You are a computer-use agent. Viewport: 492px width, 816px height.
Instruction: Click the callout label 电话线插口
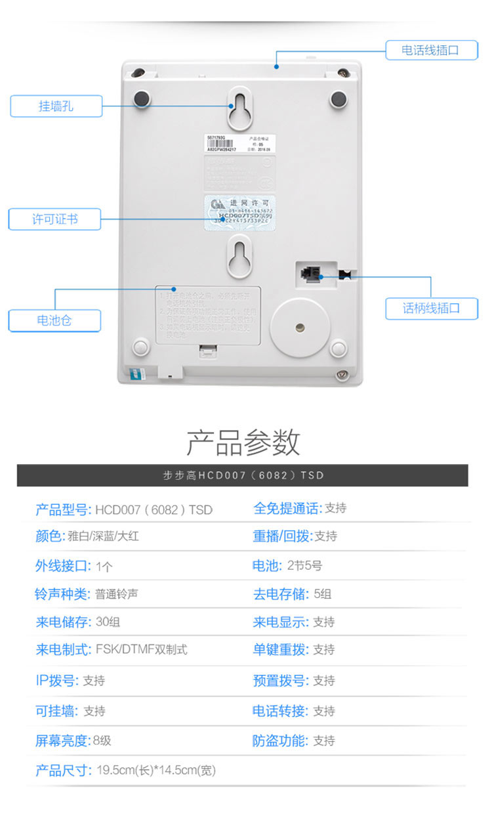(x=431, y=50)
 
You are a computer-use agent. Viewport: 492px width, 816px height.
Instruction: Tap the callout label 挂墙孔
(x=56, y=106)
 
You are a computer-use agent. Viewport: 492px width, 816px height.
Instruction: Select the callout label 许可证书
(x=54, y=219)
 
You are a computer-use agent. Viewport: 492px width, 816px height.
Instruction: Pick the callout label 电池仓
(x=54, y=321)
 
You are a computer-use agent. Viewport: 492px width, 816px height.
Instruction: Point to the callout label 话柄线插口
(x=431, y=308)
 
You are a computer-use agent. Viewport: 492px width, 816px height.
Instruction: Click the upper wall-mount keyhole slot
(x=241, y=108)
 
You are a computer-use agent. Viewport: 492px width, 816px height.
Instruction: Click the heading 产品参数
(x=243, y=442)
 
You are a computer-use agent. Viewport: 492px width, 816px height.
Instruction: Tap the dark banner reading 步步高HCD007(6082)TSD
(x=243, y=475)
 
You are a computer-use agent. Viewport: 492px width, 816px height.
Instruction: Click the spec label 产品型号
(x=63, y=509)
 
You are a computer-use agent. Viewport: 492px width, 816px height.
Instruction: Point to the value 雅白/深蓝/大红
(x=104, y=536)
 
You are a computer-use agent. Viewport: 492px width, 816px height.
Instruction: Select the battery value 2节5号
(x=304, y=565)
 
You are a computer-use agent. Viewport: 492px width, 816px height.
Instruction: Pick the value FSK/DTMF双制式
(x=141, y=650)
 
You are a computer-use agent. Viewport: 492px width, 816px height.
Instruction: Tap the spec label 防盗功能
(x=280, y=741)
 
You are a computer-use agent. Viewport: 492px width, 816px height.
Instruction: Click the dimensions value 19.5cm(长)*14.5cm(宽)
(x=156, y=771)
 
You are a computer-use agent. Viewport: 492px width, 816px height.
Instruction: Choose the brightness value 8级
(x=102, y=741)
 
